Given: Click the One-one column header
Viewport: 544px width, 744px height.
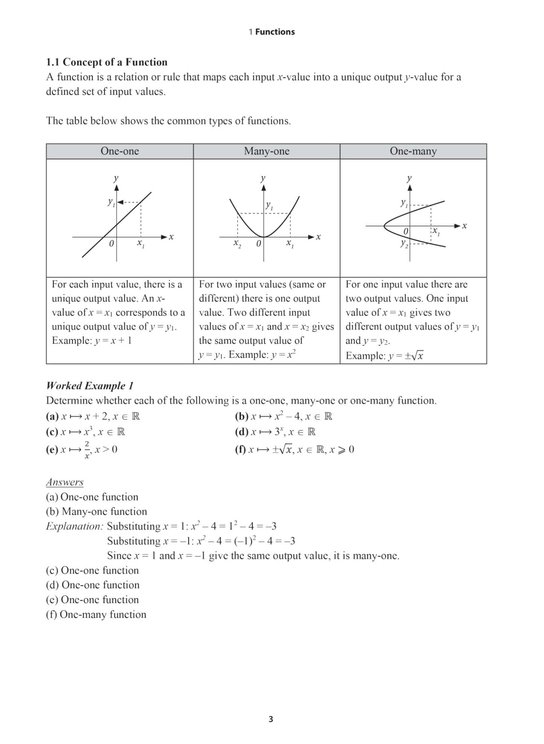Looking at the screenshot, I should (x=120, y=151).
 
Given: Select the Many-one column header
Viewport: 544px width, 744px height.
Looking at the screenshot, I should (x=267, y=151).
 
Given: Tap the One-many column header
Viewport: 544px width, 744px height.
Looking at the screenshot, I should (x=413, y=151).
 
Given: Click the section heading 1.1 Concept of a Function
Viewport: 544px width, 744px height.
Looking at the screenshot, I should (x=107, y=62).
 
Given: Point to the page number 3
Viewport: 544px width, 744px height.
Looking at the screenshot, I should (x=271, y=719).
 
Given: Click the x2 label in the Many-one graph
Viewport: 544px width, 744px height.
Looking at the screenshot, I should (x=237, y=244).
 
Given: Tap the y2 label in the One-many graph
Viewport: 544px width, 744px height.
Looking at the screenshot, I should (x=404, y=244).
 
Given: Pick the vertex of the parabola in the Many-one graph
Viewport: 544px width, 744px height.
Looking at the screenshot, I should (x=264, y=237).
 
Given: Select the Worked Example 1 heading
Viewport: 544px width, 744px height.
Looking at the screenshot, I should (x=90, y=386).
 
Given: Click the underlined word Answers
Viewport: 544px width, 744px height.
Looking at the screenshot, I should (x=65, y=482).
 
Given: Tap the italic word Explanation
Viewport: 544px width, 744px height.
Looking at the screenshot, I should (x=74, y=526).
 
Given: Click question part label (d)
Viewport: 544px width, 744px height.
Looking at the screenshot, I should (x=241, y=432).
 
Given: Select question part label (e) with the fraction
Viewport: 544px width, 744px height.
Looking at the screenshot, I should (x=52, y=449).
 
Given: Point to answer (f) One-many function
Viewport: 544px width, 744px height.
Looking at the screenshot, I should (x=96, y=615).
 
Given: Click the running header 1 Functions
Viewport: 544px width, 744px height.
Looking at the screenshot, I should (x=271, y=32).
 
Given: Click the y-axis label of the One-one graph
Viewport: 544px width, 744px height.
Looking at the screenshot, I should (x=116, y=178).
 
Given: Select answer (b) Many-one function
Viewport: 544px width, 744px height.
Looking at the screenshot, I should (x=96, y=511).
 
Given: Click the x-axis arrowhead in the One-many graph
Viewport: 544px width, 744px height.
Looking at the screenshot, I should (x=457, y=226).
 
